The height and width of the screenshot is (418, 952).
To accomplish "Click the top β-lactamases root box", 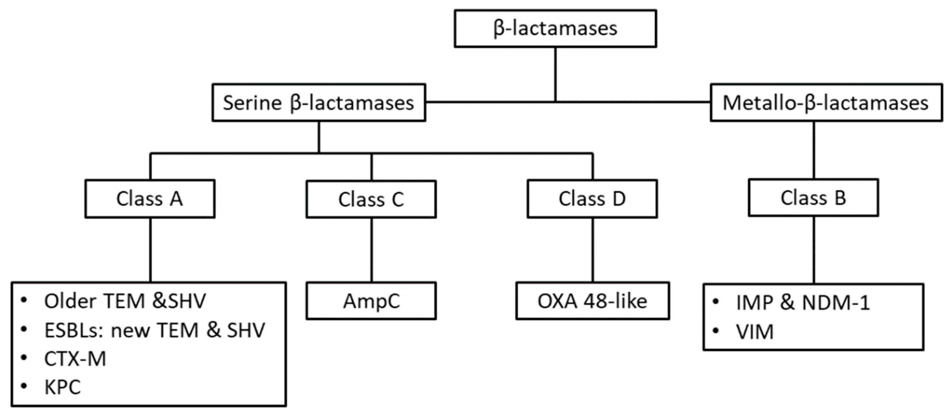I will (x=555, y=28).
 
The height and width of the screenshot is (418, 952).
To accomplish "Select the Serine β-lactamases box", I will (x=318, y=103).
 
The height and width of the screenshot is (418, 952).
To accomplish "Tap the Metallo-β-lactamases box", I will (x=826, y=103).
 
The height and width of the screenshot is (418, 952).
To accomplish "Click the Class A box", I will (x=150, y=199).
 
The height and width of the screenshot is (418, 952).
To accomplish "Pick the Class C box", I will (x=371, y=200).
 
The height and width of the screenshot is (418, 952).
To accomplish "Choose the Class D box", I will (x=592, y=199).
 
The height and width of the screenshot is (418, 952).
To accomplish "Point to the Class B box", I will (x=813, y=198).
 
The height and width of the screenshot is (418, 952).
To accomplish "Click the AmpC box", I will (x=371, y=301).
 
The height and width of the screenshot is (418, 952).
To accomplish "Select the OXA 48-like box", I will (x=592, y=301).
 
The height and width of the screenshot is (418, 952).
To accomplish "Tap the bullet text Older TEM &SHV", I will (x=125, y=301).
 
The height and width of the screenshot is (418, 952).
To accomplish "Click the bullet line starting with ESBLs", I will (x=154, y=330).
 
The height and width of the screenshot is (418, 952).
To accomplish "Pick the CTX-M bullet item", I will (x=75, y=359).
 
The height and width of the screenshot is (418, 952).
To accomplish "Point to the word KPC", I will (x=62, y=388).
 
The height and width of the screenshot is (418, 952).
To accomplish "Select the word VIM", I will (x=755, y=332).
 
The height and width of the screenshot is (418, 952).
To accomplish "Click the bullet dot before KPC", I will (x=24, y=386).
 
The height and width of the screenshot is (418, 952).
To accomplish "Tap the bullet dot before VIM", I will (x=715, y=330).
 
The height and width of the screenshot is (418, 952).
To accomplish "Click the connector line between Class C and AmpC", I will (x=371, y=250).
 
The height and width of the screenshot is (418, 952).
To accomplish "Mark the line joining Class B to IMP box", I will (x=814, y=250).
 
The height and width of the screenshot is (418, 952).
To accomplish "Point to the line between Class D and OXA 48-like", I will (x=593, y=250).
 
